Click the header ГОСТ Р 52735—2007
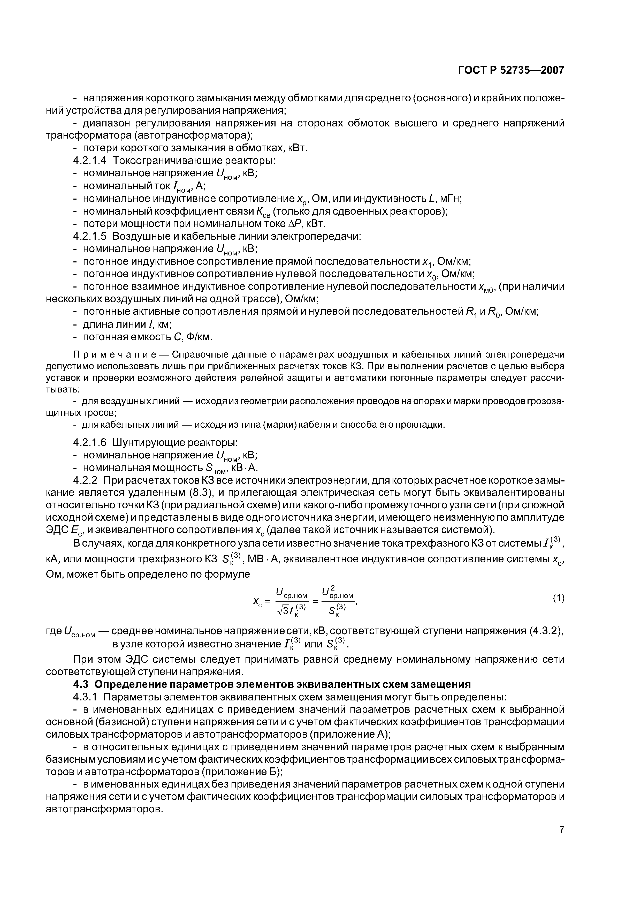coord(511,70)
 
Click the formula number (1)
coord(558,599)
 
